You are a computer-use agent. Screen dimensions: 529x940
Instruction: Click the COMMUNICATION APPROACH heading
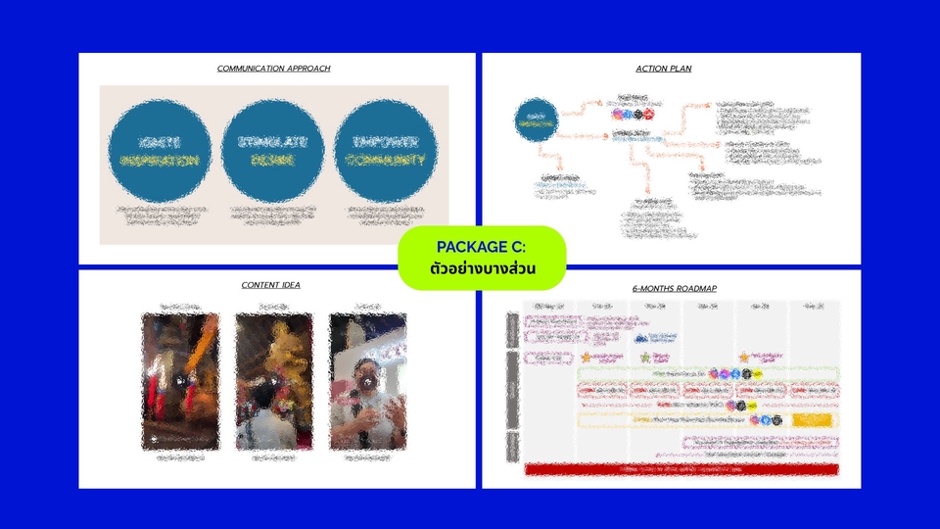(x=273, y=69)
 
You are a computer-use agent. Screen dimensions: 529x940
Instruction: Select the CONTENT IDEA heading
(x=271, y=285)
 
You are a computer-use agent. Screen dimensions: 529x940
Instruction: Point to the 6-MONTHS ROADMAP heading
(x=675, y=288)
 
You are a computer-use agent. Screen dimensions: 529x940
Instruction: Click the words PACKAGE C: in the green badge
(x=482, y=246)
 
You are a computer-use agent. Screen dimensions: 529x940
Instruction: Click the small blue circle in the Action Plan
(x=536, y=120)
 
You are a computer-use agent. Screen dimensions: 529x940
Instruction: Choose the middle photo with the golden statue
(x=273, y=381)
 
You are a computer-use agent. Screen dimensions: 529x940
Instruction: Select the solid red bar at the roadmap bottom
(x=681, y=469)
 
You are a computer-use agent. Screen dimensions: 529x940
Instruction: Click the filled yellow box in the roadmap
(x=812, y=419)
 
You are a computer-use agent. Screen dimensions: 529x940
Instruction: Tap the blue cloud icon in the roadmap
(x=641, y=339)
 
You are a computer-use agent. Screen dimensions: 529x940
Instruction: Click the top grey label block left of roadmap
(x=512, y=330)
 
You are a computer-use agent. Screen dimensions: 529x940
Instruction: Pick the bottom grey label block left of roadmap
(x=512, y=446)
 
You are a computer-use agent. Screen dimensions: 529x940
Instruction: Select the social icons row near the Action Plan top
(x=633, y=114)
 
